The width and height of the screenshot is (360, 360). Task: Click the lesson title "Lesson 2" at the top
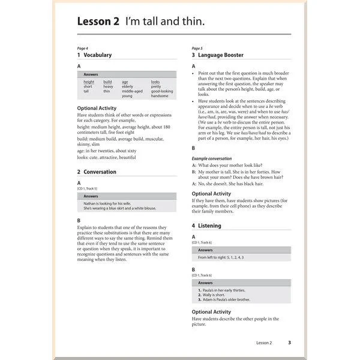tap(98, 22)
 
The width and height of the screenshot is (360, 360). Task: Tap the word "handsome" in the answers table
tap(160, 96)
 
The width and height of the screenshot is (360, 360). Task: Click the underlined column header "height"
tap(89, 82)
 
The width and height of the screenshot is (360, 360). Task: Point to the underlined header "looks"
tap(155, 82)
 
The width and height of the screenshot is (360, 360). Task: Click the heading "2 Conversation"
tap(97, 172)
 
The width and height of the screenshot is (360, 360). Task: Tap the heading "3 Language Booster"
tap(217, 55)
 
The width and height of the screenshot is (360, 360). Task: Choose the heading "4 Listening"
tap(206, 226)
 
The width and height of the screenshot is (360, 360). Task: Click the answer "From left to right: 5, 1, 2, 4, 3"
tap(221, 257)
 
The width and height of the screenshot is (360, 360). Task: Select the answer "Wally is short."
tap(214, 295)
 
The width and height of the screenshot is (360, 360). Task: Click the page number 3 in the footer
tap(289, 343)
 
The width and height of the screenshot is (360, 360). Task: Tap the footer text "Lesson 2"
tap(264, 343)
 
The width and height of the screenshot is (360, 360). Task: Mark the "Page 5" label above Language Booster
tap(197, 48)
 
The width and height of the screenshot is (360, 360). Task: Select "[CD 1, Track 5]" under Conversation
tap(87, 188)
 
